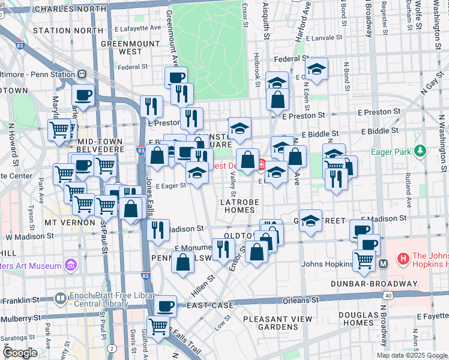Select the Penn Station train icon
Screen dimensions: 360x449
pos(81,74)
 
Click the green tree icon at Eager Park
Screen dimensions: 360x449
pos(421,149)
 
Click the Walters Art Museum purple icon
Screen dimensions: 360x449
pos(71,265)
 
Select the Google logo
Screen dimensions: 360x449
pos(20,353)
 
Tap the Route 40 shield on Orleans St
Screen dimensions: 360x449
pos(389,295)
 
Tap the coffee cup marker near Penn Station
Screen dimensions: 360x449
pos(83,94)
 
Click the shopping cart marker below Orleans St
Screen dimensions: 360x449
pos(158,327)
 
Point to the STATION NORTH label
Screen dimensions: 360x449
pos(68,30)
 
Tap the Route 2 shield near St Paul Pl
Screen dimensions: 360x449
pos(112,348)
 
